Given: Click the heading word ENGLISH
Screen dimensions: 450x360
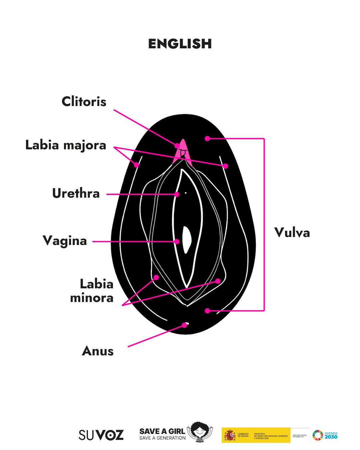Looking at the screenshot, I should pyautogui.click(x=180, y=44).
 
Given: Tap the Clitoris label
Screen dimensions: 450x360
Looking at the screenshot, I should pyautogui.click(x=84, y=101).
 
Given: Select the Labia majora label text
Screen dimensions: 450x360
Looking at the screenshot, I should pyautogui.click(x=66, y=145).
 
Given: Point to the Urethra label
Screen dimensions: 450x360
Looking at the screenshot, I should pyautogui.click(x=76, y=193).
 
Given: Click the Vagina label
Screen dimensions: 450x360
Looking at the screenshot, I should pyautogui.click(x=65, y=241).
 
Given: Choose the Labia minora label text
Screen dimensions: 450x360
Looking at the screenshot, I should pyautogui.click(x=92, y=291).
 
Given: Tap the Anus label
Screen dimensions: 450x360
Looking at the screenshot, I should pyautogui.click(x=98, y=351).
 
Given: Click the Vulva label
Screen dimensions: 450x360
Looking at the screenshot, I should pyautogui.click(x=292, y=233).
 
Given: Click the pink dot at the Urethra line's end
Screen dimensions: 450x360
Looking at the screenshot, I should pyautogui.click(x=177, y=194).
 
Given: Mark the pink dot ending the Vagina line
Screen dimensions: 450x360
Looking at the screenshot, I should pyautogui.click(x=177, y=242).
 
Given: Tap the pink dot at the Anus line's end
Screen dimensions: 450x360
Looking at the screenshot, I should pyautogui.click(x=184, y=325).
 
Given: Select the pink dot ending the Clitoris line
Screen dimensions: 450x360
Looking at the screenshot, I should pyautogui.click(x=177, y=146).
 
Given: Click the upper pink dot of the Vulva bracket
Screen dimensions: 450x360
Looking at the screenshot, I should pyautogui.click(x=207, y=138).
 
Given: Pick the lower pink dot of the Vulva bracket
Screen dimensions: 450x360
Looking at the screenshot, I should pyautogui.click(x=207, y=311).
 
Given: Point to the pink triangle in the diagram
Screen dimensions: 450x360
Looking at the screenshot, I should pyautogui.click(x=183, y=148).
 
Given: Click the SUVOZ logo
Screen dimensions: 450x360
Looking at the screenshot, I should pyautogui.click(x=101, y=435).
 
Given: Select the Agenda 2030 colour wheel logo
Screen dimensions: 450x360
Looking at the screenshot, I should pyautogui.click(x=318, y=435).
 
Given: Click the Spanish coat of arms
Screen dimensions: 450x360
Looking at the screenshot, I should pyautogui.click(x=230, y=435).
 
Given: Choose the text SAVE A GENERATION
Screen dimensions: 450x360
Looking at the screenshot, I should pyautogui.click(x=162, y=438).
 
